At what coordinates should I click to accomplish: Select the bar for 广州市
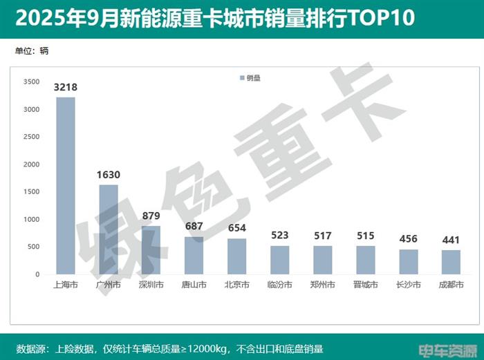pos(108,229)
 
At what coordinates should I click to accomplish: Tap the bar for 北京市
pos(236,256)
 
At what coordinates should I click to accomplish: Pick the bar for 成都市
pos(451,262)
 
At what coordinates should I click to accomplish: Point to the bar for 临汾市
pos(279,260)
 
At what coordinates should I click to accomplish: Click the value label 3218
pos(66,88)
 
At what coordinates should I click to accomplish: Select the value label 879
pos(151,216)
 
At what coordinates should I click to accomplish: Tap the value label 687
pos(194,227)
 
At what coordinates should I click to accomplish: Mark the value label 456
pos(408,239)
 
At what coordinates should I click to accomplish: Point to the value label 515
pos(365,236)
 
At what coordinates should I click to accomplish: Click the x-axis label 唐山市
pos(194,284)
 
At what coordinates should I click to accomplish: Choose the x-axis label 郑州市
pos(322,284)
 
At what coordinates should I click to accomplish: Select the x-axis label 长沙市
pos(408,284)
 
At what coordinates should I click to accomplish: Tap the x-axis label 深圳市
pos(151,284)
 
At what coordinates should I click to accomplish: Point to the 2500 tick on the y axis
pos(31,137)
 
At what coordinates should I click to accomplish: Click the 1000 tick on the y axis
pos(31,220)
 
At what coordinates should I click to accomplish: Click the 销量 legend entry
pos(250,78)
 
